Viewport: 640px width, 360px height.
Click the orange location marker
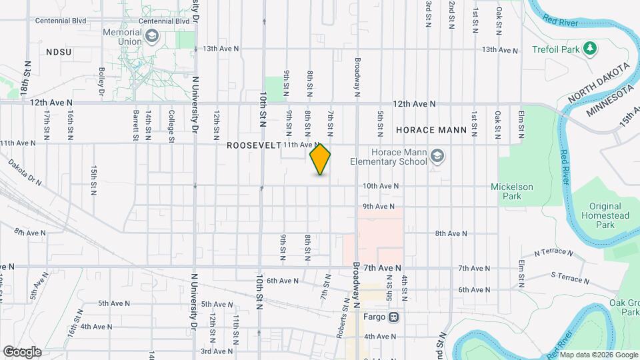[320, 159]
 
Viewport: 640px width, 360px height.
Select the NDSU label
[59, 51]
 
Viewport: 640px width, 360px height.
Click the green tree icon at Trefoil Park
[589, 49]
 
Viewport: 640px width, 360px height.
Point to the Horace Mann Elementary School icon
[437, 156]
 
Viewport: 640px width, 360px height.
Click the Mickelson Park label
[512, 191]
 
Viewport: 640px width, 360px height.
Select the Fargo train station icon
[394, 317]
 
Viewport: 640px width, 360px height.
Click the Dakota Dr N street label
[25, 171]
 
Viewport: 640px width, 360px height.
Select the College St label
[171, 126]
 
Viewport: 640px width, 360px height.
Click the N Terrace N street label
[553, 253]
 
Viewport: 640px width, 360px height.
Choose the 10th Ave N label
[380, 186]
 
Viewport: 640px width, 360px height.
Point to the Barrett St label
[135, 126]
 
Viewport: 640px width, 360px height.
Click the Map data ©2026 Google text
[589, 354]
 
